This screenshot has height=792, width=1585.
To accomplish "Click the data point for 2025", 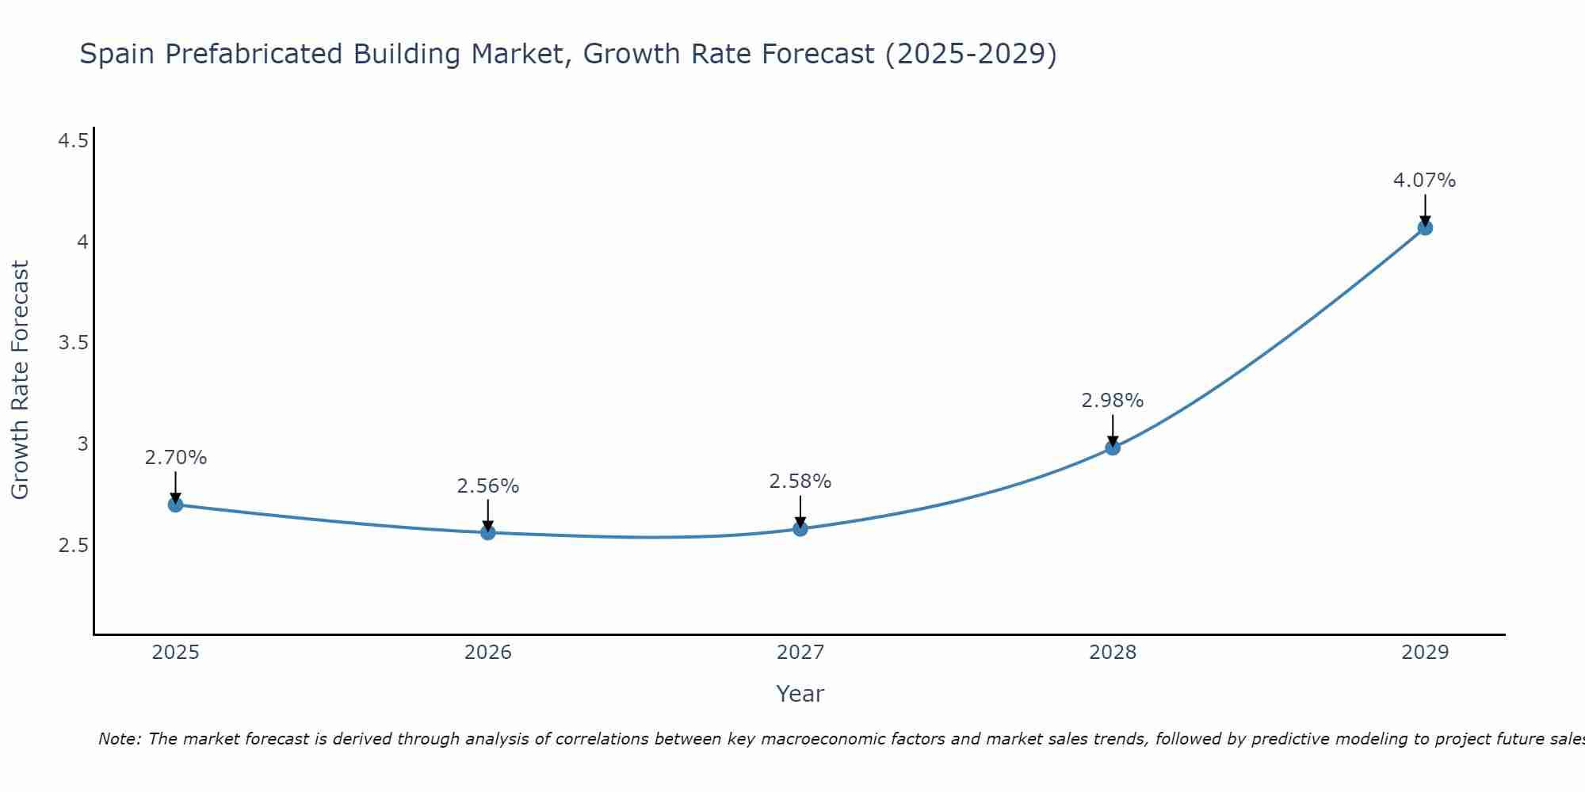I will tap(176, 505).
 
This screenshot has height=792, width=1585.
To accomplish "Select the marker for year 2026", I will tap(488, 532).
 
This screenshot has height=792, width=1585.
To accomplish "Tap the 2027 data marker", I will tap(800, 528).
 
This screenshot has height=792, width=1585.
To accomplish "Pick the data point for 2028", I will tap(1113, 447).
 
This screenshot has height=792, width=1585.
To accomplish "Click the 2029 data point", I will tap(1425, 228).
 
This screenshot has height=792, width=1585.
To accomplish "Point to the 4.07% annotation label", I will tap(1424, 181).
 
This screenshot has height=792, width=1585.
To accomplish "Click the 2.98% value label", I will tap(1112, 401).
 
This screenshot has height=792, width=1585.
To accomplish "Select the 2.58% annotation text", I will tap(800, 482).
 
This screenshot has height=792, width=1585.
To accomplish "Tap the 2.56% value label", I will tap(487, 486).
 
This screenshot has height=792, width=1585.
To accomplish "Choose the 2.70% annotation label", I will tap(175, 458).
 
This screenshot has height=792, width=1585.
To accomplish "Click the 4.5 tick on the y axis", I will tap(73, 141).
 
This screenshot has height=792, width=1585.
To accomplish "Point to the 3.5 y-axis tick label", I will tap(73, 343).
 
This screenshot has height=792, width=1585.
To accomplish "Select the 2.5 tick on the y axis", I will tap(73, 546).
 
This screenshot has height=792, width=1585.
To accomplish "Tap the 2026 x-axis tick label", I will tap(488, 653).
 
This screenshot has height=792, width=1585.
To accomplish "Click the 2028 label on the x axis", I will tap(1113, 653).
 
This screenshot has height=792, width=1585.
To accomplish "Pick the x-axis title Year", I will tap(800, 694).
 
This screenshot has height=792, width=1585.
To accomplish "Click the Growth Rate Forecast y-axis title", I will tap(20, 380).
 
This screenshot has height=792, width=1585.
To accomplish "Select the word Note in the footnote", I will tap(119, 739).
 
